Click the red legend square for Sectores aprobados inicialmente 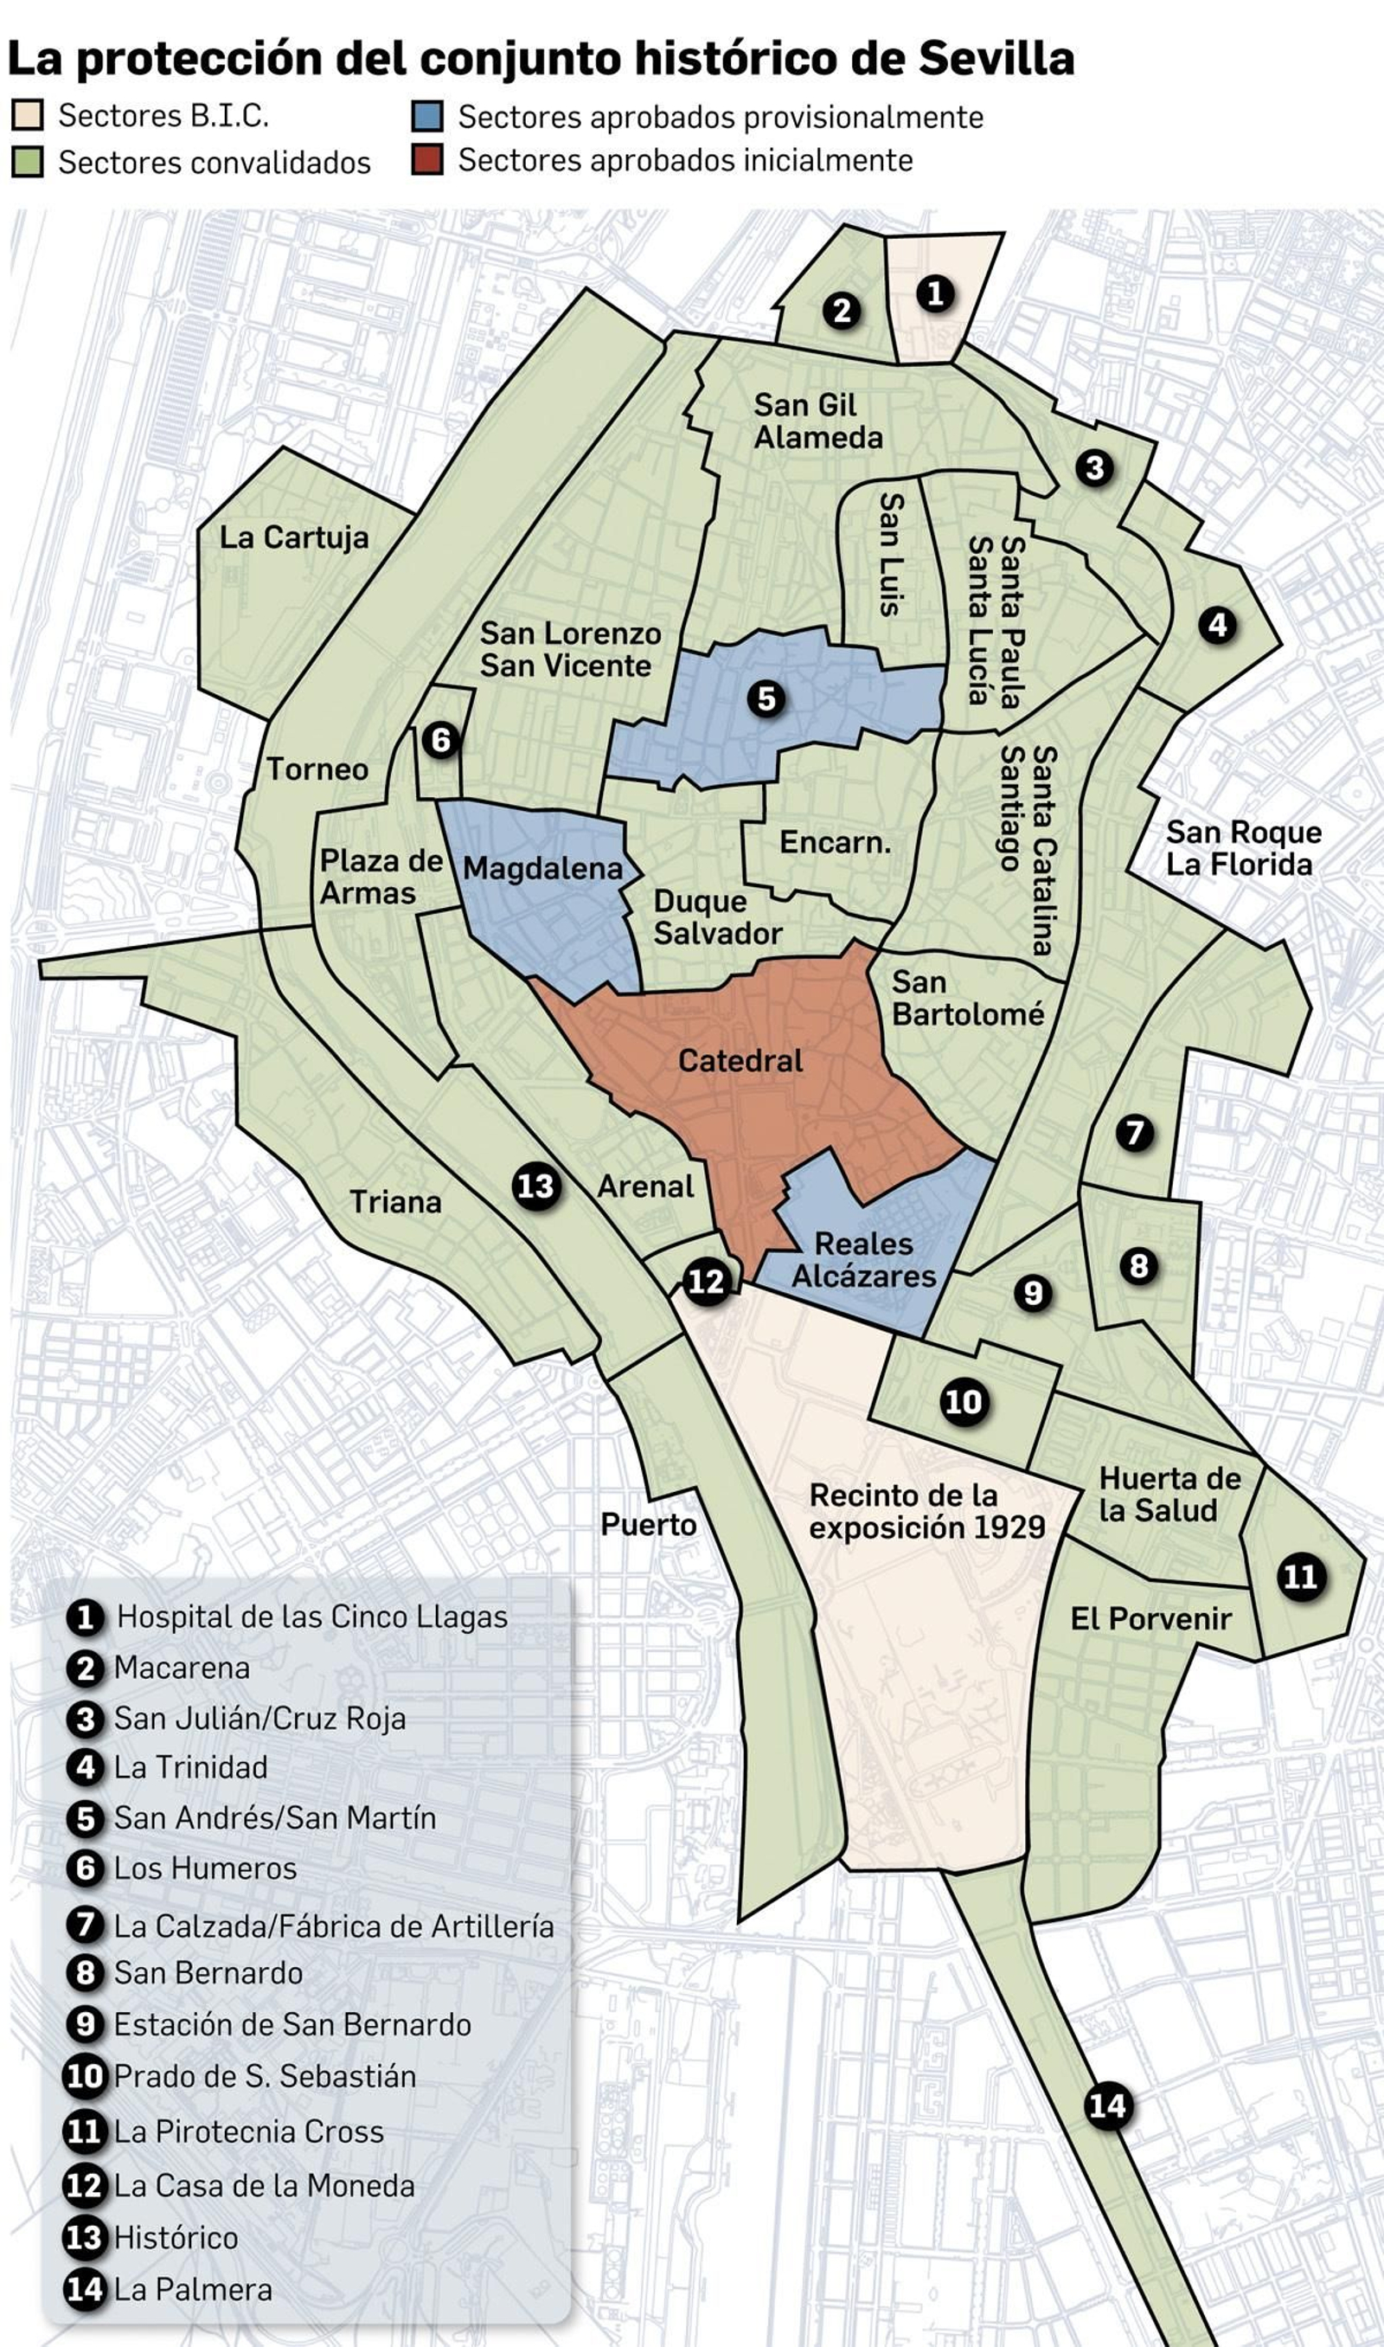pyautogui.click(x=427, y=160)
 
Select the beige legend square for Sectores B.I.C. pyautogui.click(x=28, y=116)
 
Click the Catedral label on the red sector pyautogui.click(x=740, y=1061)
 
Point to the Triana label pyautogui.click(x=395, y=1201)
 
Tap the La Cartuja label pyautogui.click(x=294, y=537)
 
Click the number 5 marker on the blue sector pyautogui.click(x=766, y=698)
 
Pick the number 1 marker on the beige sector pyautogui.click(x=934, y=294)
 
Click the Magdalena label pyautogui.click(x=541, y=869)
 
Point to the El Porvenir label pyautogui.click(x=1150, y=1618)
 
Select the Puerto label pyautogui.click(x=648, y=1524)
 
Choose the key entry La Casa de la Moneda pyautogui.click(x=264, y=2186)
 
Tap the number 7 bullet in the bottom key pyautogui.click(x=85, y=1926)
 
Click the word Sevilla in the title pyautogui.click(x=996, y=59)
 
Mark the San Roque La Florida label pyautogui.click(x=1242, y=848)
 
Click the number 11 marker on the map pyautogui.click(x=1300, y=1577)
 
